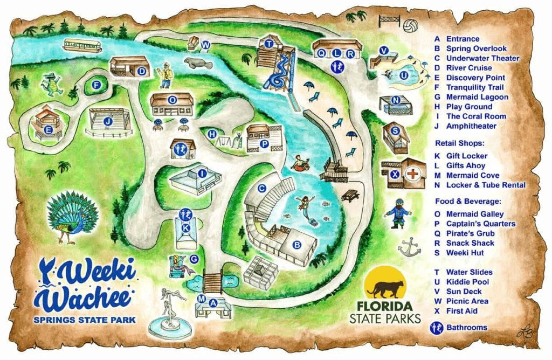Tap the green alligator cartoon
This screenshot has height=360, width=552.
(52, 84)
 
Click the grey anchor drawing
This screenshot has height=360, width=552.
(409, 247)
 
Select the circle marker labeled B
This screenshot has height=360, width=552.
(296, 244)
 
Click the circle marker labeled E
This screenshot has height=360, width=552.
(48, 129)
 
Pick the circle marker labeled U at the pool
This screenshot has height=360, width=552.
(403, 76)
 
